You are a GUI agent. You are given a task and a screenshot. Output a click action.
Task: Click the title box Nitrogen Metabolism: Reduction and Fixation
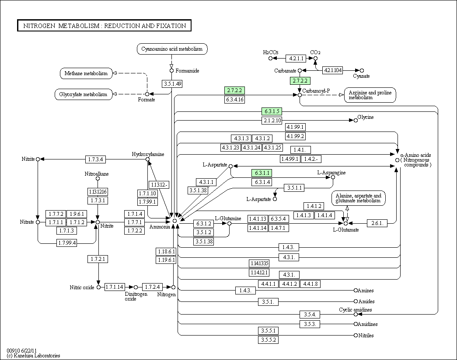click(x=104, y=25)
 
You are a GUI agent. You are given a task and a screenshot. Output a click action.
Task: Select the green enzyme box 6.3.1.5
click(x=272, y=111)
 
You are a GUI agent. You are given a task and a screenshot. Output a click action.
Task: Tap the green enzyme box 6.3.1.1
click(x=262, y=173)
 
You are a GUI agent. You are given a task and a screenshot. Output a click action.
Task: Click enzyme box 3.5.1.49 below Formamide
click(x=172, y=84)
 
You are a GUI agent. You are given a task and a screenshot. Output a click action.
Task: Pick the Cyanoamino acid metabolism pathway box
click(x=172, y=49)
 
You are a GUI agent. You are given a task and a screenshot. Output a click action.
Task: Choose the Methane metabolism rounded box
click(x=86, y=73)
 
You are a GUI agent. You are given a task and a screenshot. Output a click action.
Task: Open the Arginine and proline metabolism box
click(x=370, y=95)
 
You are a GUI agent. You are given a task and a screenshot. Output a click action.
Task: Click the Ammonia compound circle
click(x=174, y=221)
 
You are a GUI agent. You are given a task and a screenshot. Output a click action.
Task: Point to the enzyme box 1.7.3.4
click(x=96, y=159)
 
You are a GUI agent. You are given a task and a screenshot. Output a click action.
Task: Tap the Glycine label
click(x=366, y=117)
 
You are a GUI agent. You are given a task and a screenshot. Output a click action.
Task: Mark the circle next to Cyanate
click(x=362, y=70)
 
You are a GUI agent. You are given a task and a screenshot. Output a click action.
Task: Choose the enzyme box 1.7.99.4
click(x=67, y=242)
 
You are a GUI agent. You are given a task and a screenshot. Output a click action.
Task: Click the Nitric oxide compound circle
click(x=98, y=287)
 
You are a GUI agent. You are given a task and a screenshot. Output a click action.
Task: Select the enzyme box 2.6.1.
click(x=377, y=223)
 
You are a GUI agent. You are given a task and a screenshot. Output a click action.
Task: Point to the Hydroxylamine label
click(x=148, y=154)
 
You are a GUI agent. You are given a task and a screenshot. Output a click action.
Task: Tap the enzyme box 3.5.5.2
click(x=268, y=340)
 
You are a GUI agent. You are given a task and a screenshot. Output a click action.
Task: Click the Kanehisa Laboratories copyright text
click(x=33, y=356)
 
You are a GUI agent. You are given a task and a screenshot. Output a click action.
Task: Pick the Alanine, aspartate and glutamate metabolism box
click(x=358, y=198)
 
